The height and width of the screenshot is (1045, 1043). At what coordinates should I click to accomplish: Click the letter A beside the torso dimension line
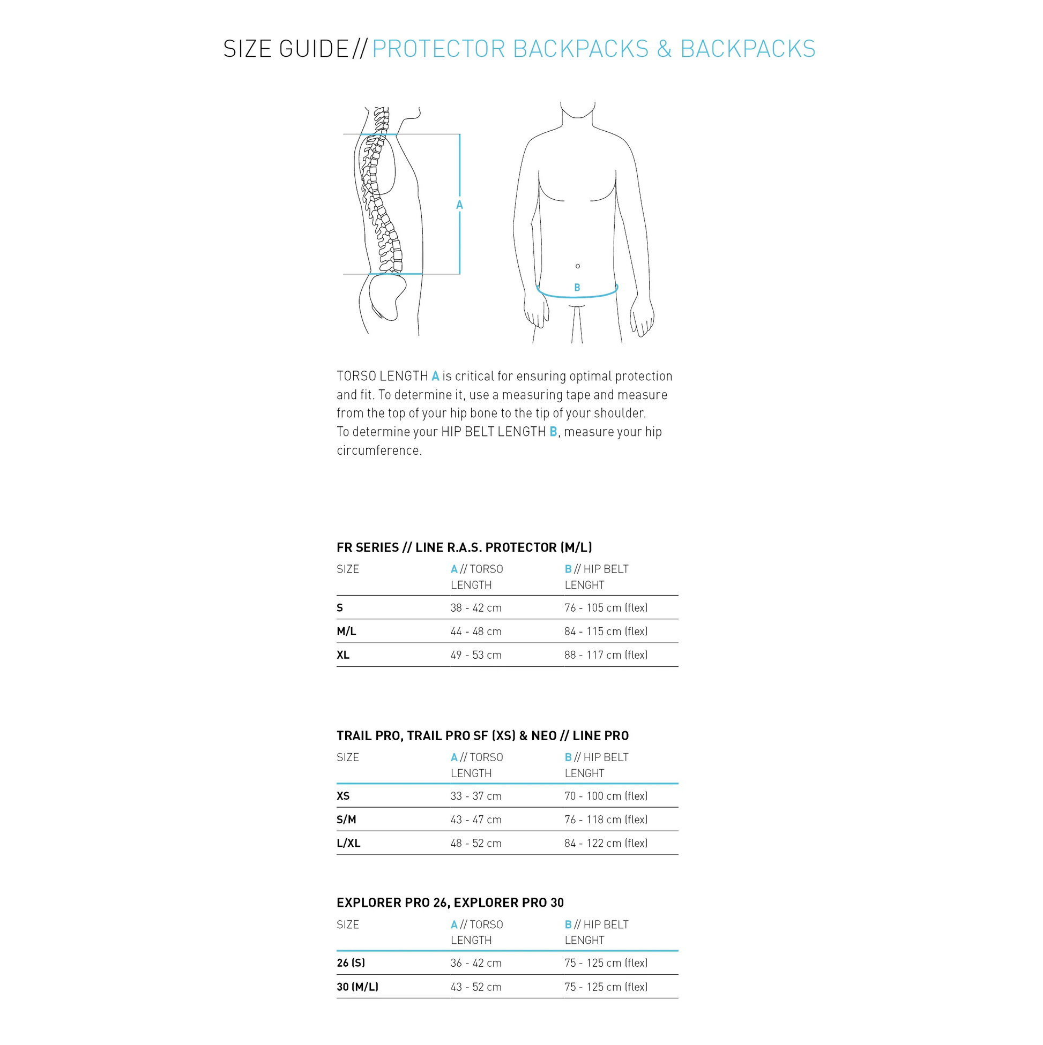(459, 205)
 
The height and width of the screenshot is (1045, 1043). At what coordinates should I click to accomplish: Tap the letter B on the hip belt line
(577, 288)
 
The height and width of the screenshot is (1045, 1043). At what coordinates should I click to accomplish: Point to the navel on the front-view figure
(578, 266)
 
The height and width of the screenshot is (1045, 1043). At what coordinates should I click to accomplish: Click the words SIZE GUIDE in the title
(286, 49)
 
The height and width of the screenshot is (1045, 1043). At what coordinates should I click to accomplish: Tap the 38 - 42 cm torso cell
(476, 607)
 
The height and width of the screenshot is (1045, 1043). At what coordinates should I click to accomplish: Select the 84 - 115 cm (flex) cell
(606, 631)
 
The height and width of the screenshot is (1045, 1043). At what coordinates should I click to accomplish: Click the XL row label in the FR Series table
(343, 655)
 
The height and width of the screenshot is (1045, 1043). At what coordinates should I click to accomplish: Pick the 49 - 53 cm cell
(476, 655)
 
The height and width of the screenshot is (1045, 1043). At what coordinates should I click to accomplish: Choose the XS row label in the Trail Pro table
(343, 796)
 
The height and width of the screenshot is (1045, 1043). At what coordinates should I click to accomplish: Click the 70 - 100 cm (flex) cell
(606, 796)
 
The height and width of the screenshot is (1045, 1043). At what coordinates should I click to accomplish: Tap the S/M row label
(346, 820)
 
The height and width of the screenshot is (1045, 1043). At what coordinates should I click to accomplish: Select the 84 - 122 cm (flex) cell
(606, 843)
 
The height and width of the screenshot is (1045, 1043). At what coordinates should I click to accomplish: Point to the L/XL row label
(348, 843)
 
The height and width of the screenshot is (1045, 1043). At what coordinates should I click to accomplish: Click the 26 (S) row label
(351, 964)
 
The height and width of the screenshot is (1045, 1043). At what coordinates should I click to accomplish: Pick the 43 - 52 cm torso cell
(476, 987)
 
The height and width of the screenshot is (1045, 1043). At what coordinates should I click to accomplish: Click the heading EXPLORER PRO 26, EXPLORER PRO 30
(450, 903)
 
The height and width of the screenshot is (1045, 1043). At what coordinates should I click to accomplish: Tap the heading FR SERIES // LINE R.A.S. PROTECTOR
(464, 547)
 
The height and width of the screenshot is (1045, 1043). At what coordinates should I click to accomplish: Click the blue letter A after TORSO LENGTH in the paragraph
(435, 376)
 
